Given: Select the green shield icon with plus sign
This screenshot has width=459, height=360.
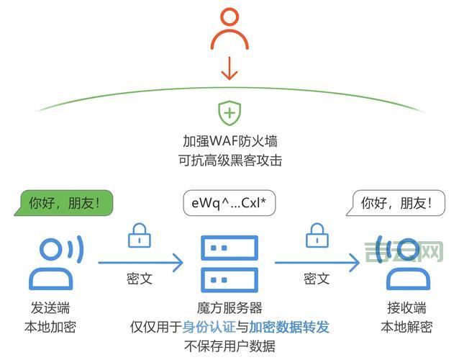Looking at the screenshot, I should pos(229,112).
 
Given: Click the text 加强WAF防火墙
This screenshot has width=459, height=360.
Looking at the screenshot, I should pos(229,140).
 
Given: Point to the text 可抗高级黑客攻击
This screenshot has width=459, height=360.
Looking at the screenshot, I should pos(229,160).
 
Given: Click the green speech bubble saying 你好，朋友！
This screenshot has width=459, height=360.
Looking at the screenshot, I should pos(65,202).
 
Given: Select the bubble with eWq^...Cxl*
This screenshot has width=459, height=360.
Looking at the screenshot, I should pos(229,202).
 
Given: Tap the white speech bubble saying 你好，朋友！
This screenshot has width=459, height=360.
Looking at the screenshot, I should pos(392,202).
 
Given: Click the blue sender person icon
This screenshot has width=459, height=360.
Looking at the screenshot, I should pos(54,262).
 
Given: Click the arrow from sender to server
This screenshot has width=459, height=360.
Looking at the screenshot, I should pos(140,262).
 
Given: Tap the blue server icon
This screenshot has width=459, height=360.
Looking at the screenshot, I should pos(229,262).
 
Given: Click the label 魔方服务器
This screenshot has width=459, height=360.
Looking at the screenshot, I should pos(229,307).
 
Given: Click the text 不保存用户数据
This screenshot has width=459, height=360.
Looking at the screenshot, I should pos(229,346).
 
